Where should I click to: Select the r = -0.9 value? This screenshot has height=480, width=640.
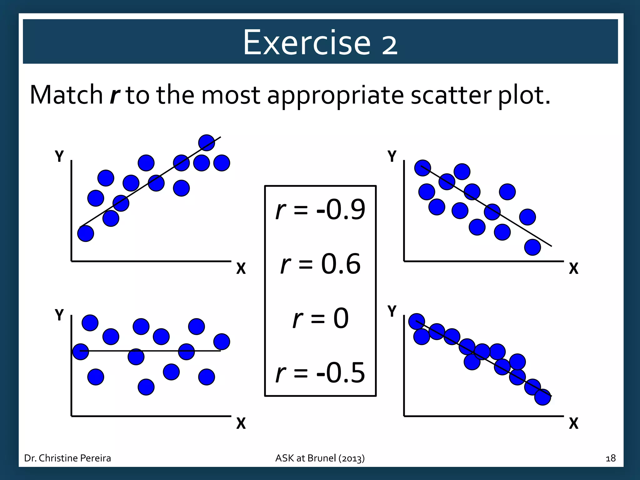pyautogui.click(x=320, y=209)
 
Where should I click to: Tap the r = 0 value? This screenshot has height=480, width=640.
pyautogui.click(x=320, y=318)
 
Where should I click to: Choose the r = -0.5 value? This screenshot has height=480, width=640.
pyautogui.click(x=320, y=372)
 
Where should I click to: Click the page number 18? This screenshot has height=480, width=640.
pyautogui.click(x=610, y=458)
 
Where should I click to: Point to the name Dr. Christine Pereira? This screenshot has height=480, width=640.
pyautogui.click(x=67, y=458)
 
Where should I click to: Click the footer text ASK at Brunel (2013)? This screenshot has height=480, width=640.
pyautogui.click(x=320, y=458)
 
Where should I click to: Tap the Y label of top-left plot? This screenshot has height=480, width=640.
pyautogui.click(x=59, y=156)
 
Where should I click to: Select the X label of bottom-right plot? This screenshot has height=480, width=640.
pyautogui.click(x=573, y=423)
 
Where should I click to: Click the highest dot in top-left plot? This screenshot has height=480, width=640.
pyautogui.click(x=207, y=143)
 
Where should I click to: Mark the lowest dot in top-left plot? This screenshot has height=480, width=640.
pyautogui.click(x=86, y=233)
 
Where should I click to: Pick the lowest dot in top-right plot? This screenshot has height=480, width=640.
pyautogui.click(x=532, y=247)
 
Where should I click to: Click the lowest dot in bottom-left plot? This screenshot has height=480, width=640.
pyautogui.click(x=146, y=387)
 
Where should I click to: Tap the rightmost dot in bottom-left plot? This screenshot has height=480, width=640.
pyautogui.click(x=222, y=342)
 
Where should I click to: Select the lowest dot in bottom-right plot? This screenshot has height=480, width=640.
pyautogui.click(x=542, y=397)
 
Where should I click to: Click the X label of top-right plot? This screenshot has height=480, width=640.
pyautogui.click(x=573, y=268)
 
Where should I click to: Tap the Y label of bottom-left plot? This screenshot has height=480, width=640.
pyautogui.click(x=59, y=315)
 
